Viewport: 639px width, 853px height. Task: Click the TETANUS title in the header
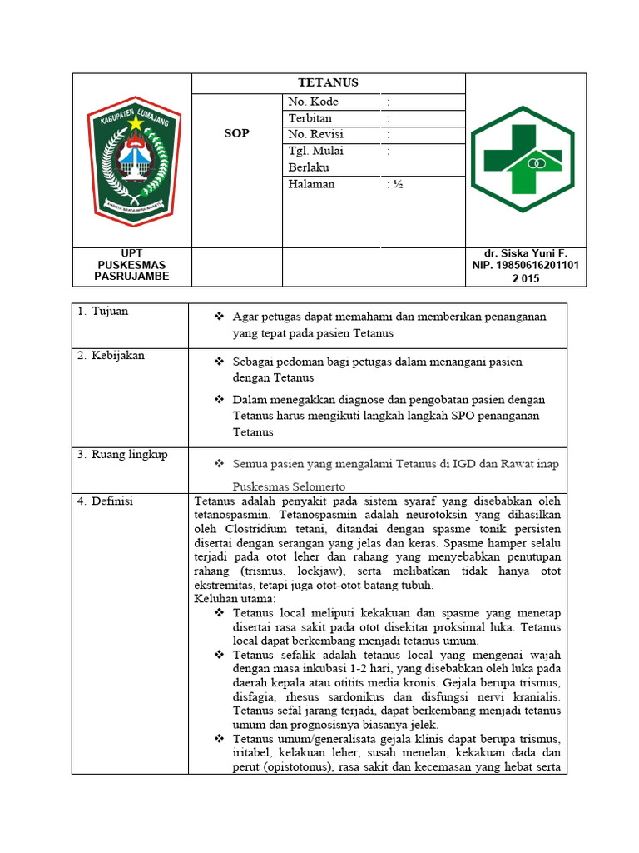coord(328,82)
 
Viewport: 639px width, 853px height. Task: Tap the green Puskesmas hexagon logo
coord(523,160)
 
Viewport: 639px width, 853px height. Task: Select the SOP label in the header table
coord(237,134)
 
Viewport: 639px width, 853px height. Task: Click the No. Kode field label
coord(313,102)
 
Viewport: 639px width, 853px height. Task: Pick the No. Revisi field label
coord(315,134)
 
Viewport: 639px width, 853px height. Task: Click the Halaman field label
coord(311,184)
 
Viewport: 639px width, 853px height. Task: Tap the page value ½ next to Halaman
coord(395,184)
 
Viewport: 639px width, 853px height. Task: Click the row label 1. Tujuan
coord(103,312)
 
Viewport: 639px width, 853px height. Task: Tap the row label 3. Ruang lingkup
coord(122,455)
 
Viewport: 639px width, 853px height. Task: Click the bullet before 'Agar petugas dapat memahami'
coord(220,317)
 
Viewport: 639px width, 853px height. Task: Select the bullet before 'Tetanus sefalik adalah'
coord(220,655)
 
